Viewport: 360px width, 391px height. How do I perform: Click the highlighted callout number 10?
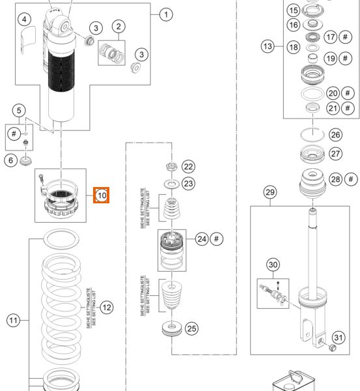pos(102,194)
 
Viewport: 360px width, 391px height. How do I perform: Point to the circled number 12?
pos(107,306)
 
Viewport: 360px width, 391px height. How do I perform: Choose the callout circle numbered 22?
pos(188,167)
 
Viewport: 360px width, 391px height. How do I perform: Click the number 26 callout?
pos(335,135)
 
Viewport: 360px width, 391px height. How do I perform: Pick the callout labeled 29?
pos(270,192)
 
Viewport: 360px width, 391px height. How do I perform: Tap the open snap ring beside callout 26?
pos(312,134)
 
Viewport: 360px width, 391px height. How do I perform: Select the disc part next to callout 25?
pos(171,328)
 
